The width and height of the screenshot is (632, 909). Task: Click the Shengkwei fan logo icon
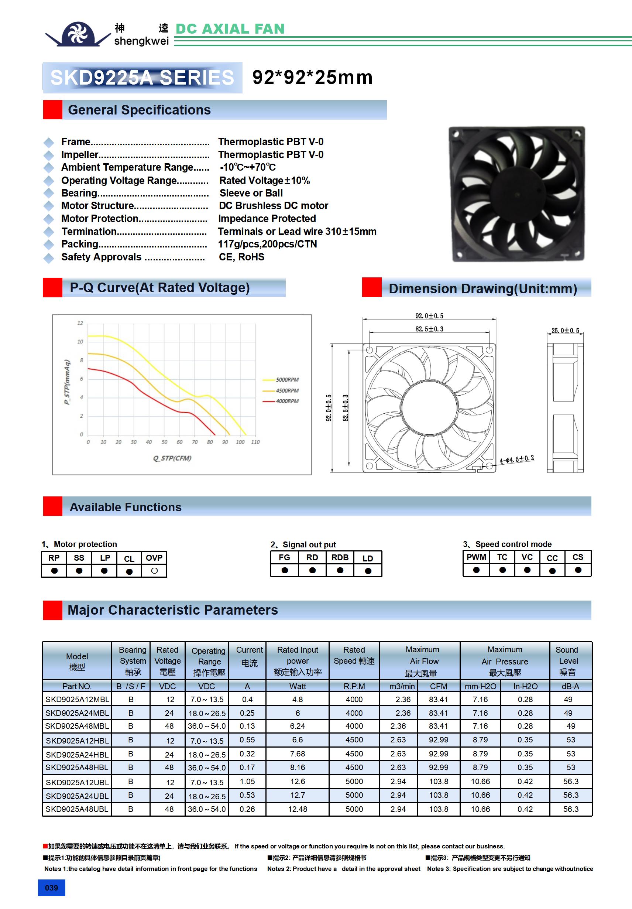[x=78, y=34]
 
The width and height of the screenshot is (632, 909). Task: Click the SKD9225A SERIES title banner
[x=142, y=78]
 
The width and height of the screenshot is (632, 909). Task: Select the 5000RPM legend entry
[x=287, y=380]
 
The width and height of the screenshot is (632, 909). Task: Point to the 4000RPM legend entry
[x=287, y=401]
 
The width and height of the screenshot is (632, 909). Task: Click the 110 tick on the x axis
[x=255, y=442]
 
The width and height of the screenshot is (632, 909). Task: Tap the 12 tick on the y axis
[x=80, y=323]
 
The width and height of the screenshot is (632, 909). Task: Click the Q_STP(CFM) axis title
[x=172, y=458]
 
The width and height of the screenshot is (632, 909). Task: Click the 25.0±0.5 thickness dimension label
[x=565, y=331]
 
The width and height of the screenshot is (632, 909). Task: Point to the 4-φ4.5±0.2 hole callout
[x=516, y=459]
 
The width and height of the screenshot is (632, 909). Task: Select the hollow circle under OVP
[x=154, y=571]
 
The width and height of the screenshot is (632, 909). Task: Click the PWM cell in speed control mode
[x=476, y=557]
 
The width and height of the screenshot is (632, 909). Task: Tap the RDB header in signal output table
[x=340, y=557]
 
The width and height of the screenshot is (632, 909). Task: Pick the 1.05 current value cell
[x=247, y=782]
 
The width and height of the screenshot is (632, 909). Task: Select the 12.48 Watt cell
[x=297, y=809]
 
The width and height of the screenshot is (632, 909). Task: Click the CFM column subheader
[x=439, y=686]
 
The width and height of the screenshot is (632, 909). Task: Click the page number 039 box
[x=51, y=888]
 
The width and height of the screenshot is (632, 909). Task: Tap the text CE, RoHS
[x=241, y=257]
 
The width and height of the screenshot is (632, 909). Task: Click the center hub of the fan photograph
[x=516, y=194]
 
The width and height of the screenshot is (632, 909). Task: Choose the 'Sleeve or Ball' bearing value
[x=251, y=193]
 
